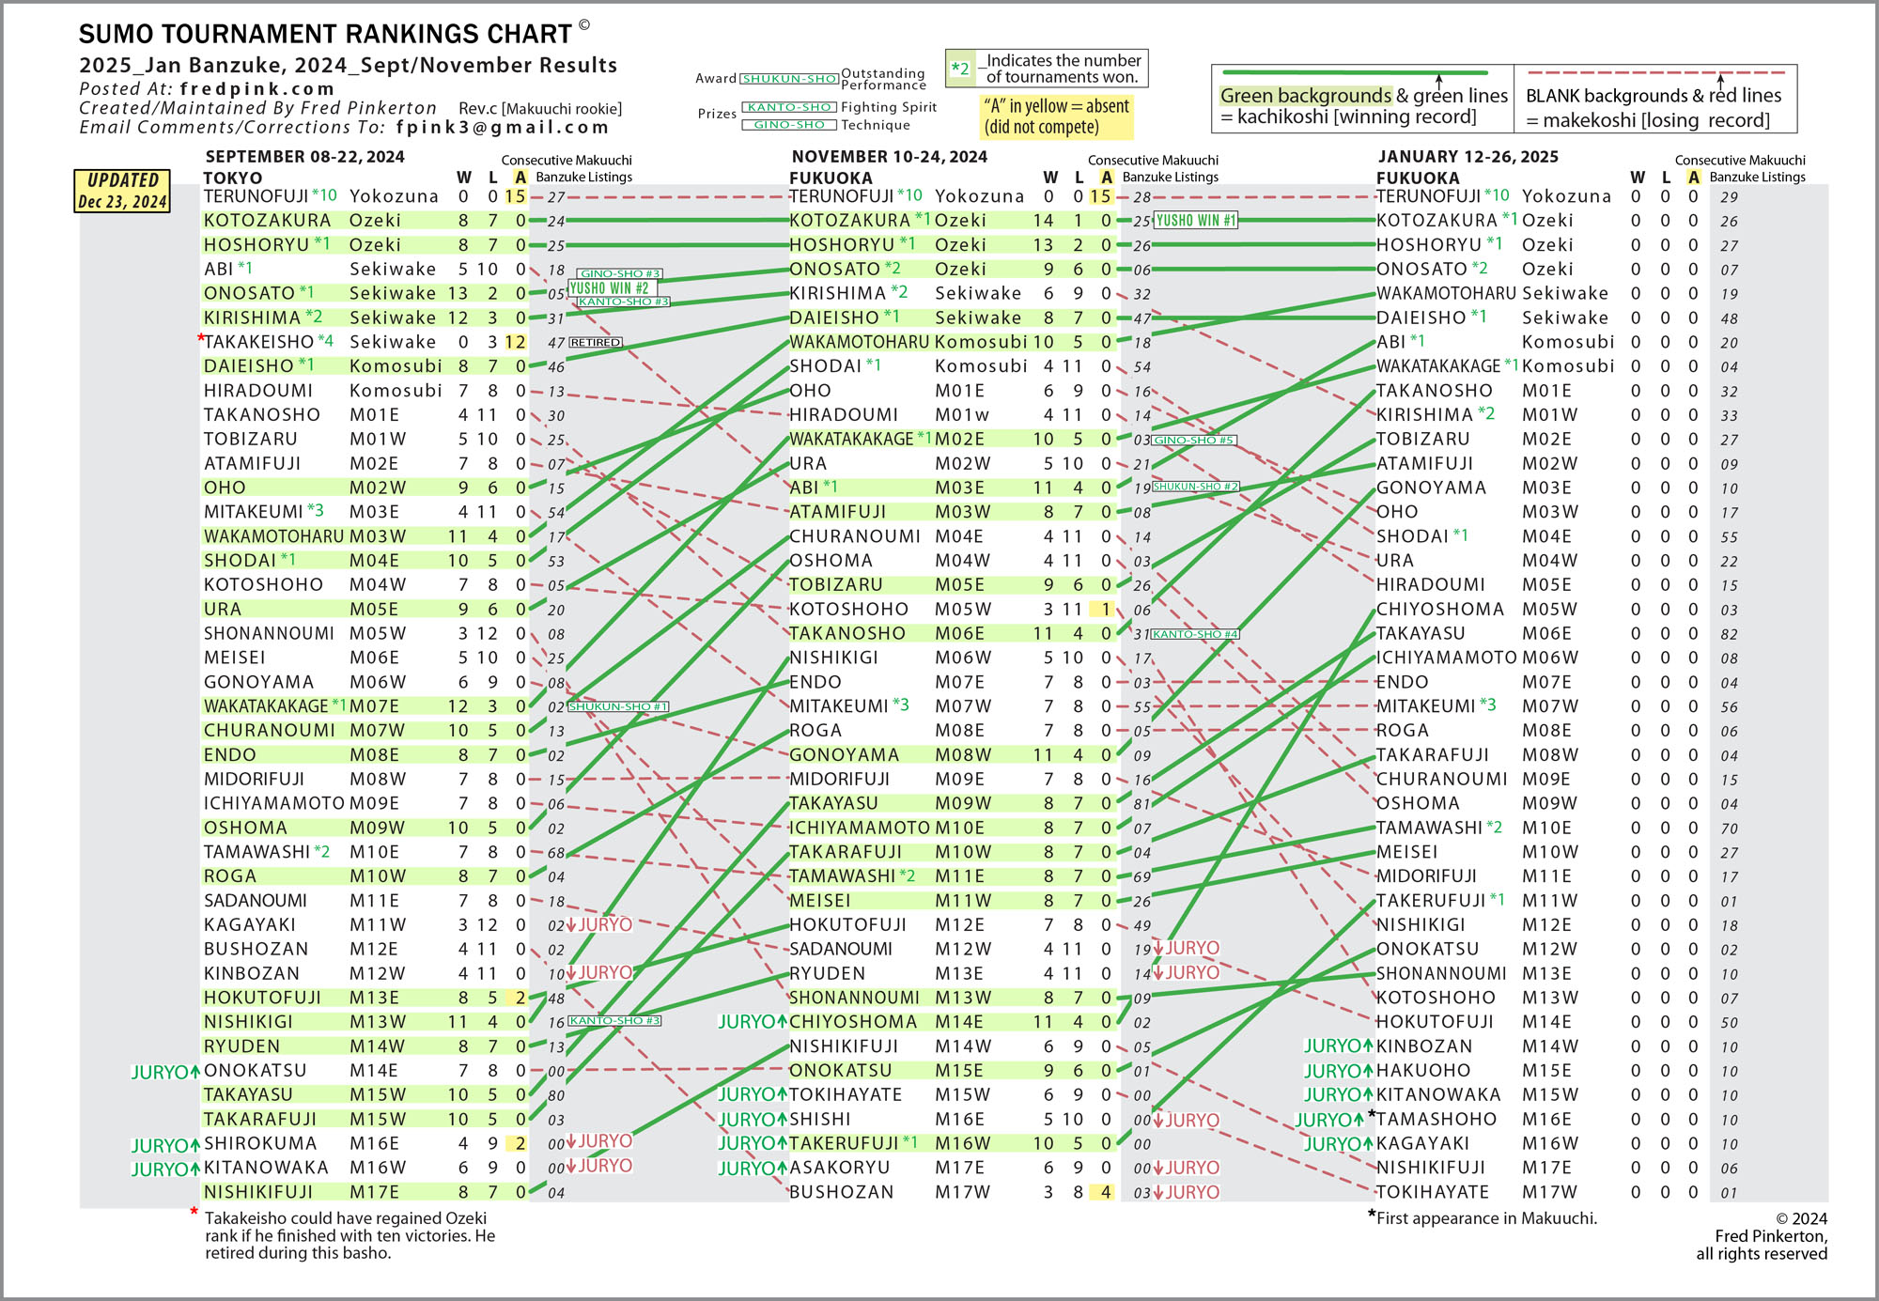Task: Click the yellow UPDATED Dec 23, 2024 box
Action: tap(122, 191)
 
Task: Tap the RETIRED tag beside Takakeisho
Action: tap(596, 343)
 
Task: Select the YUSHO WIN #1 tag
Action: tap(1196, 221)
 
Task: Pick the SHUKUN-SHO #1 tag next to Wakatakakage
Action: tap(617, 706)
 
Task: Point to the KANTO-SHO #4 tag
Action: tap(1195, 634)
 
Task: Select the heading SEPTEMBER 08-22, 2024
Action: tap(305, 157)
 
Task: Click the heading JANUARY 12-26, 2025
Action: tap(1467, 157)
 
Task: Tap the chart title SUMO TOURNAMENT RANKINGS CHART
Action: tap(325, 35)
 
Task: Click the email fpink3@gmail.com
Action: tap(503, 128)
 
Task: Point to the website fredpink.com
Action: tap(257, 89)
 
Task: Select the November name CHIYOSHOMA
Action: tap(853, 1022)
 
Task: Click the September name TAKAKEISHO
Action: tap(258, 342)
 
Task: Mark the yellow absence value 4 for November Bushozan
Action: tap(1106, 1192)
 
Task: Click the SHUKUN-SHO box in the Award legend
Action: tap(789, 79)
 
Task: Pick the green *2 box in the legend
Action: tap(960, 69)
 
